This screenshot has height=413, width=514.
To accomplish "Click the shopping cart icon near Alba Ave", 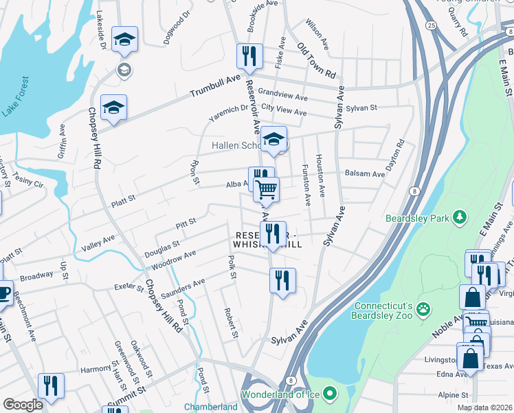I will coord(266,189).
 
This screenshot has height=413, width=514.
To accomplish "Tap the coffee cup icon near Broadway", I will coord(3,291).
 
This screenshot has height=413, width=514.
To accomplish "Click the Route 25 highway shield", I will coord(430,25).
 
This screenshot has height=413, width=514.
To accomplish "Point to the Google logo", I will coord(23,405).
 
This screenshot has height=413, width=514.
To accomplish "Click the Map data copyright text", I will coord(484,407).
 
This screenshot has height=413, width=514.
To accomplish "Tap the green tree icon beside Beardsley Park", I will coord(458,218).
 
